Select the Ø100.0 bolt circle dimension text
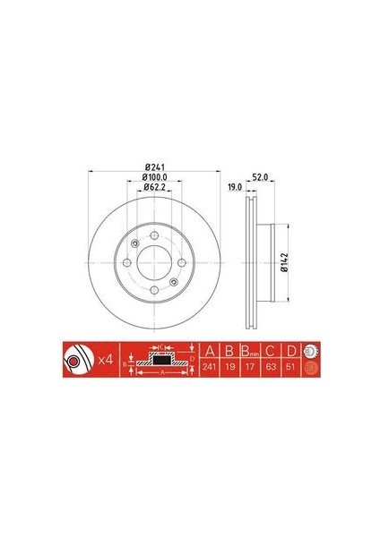tap(156, 177)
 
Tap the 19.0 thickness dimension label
tap(235, 189)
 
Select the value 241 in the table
tap(210, 367)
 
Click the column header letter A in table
tap(210, 350)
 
